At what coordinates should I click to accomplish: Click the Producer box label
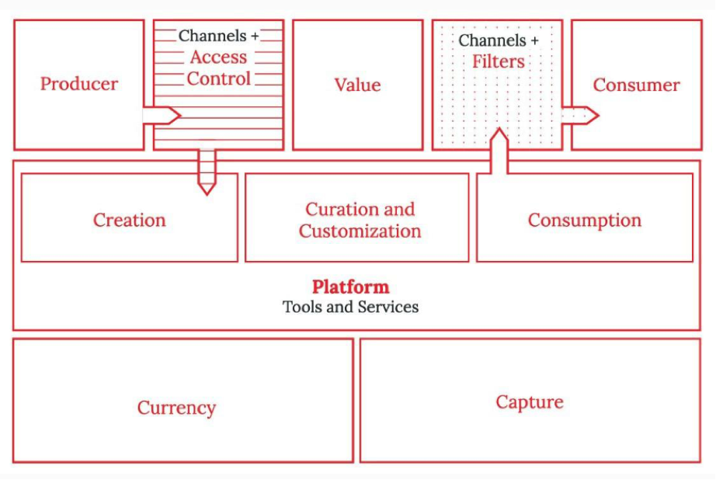coord(79,84)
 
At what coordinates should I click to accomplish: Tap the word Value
coord(357,85)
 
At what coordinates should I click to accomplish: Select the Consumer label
coord(636,85)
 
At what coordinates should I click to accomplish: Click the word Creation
coord(129,220)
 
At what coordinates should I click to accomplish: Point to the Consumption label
coord(584,221)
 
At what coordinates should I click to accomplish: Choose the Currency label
coord(176,408)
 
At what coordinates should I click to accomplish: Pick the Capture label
coord(530,402)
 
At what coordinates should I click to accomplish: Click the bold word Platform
coord(350,287)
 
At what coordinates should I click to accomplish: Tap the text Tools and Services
coord(350,307)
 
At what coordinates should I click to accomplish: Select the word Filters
coord(498,61)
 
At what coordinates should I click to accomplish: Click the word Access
coord(218,57)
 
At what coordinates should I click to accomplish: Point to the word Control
coord(218,78)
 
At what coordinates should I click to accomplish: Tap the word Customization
coord(360,231)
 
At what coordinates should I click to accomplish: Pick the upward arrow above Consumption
coord(499,151)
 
